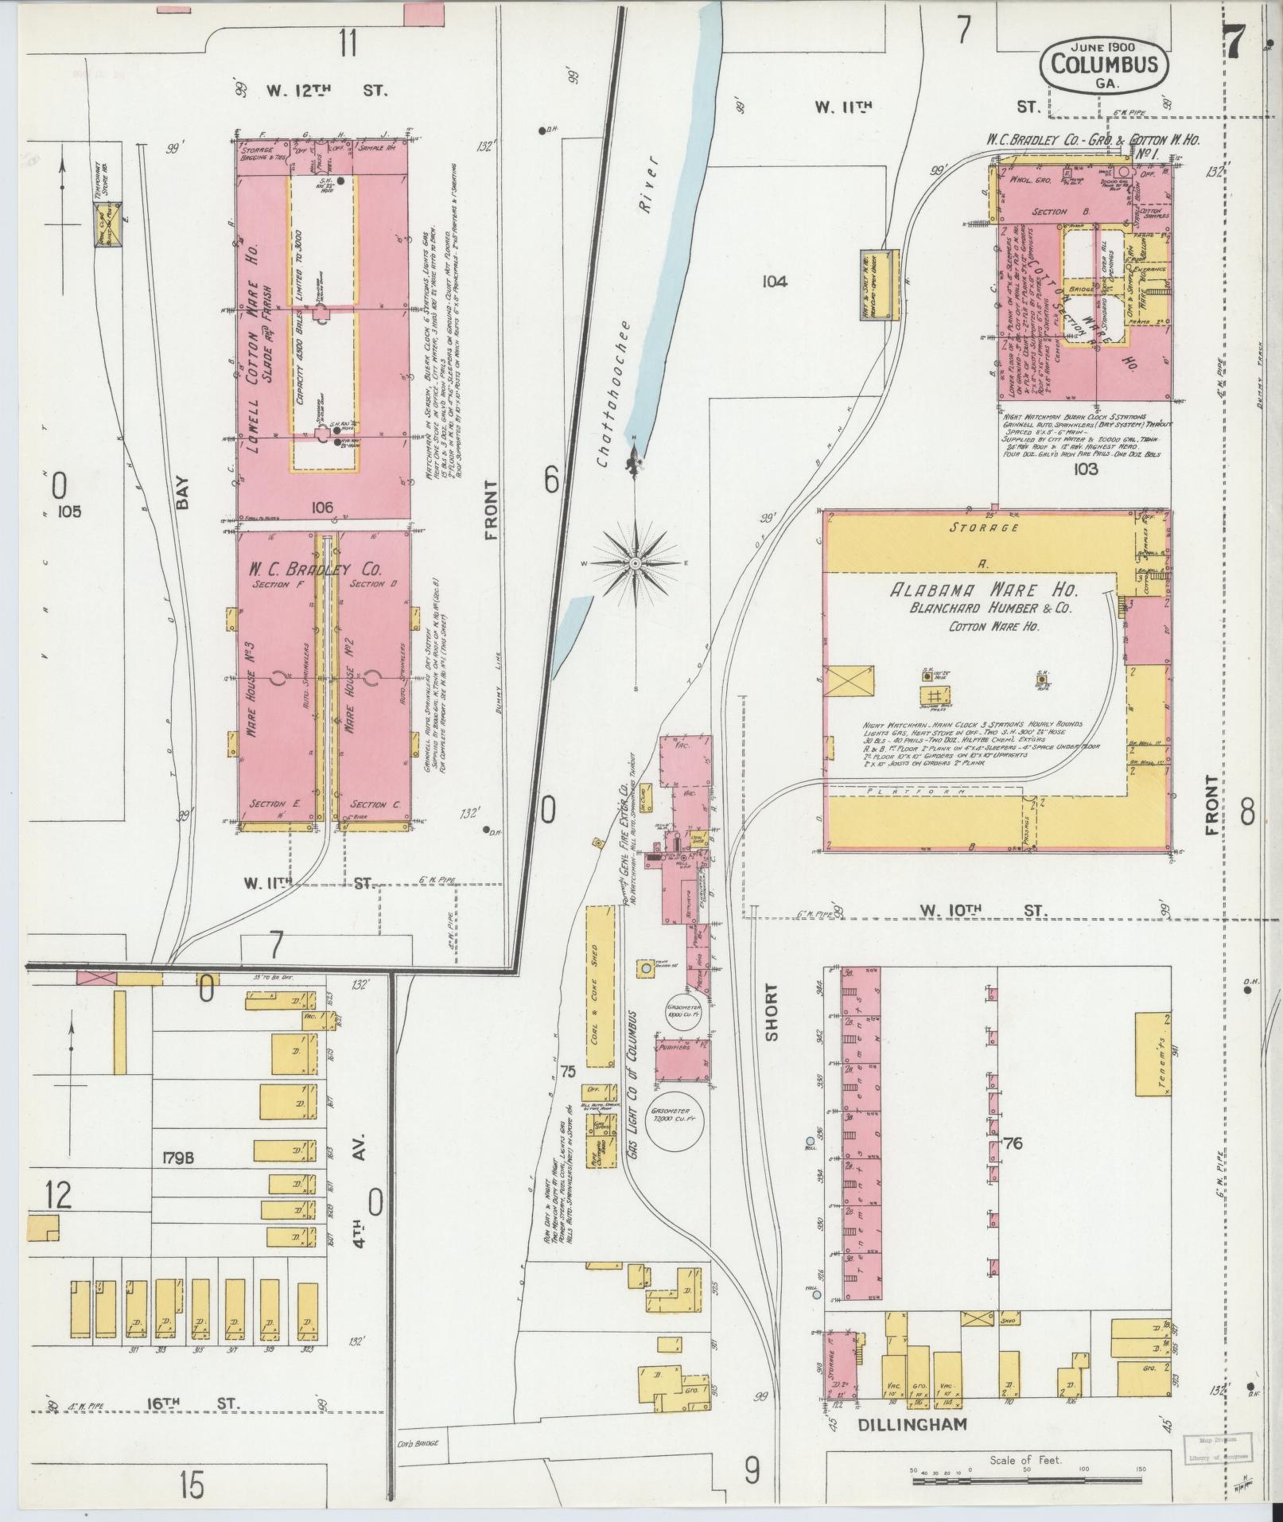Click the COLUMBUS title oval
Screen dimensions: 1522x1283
tap(1104, 66)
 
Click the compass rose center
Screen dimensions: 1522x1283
tap(636, 562)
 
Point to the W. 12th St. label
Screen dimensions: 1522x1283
tap(327, 91)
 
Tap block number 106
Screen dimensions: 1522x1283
tap(322, 506)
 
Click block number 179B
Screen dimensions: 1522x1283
tap(176, 1158)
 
